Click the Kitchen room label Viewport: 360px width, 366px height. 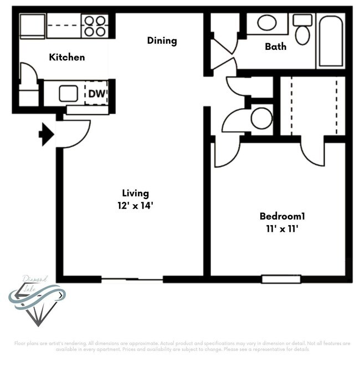click(x=67, y=57)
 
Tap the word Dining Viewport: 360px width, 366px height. click(x=162, y=40)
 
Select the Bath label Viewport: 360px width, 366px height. click(x=275, y=47)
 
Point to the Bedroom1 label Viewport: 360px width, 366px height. click(x=282, y=216)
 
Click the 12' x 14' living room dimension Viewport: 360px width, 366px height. click(x=136, y=205)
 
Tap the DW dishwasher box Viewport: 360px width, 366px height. click(x=96, y=94)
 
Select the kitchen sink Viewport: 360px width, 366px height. click(x=68, y=94)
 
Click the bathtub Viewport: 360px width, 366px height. click(x=330, y=42)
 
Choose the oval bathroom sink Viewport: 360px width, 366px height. click(x=267, y=23)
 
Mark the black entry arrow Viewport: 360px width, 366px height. click(x=46, y=135)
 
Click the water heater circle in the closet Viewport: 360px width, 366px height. click(x=261, y=118)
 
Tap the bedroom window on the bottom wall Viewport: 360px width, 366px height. click(x=281, y=279)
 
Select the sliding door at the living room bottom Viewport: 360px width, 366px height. click(x=132, y=279)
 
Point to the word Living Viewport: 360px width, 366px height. click(x=136, y=194)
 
